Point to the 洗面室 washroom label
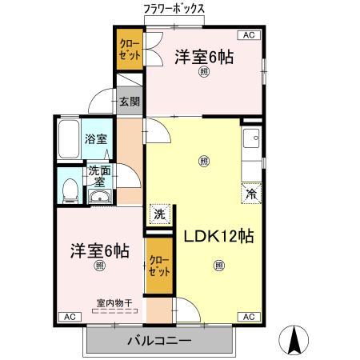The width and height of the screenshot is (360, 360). pyautogui.click(x=100, y=176)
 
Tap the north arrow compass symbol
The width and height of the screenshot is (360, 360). pyautogui.click(x=294, y=340)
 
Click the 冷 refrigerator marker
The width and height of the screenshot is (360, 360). pyautogui.click(x=251, y=194)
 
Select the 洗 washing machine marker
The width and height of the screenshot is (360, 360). pyautogui.click(x=159, y=214)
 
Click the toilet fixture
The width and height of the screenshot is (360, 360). pyautogui.click(x=70, y=187)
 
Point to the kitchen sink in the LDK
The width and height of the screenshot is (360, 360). pyautogui.click(x=252, y=139)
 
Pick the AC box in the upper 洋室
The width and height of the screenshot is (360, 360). pyautogui.click(x=248, y=36)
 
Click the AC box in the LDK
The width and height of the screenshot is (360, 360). pyautogui.click(x=248, y=317)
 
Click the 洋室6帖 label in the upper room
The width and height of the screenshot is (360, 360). pyautogui.click(x=205, y=57)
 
